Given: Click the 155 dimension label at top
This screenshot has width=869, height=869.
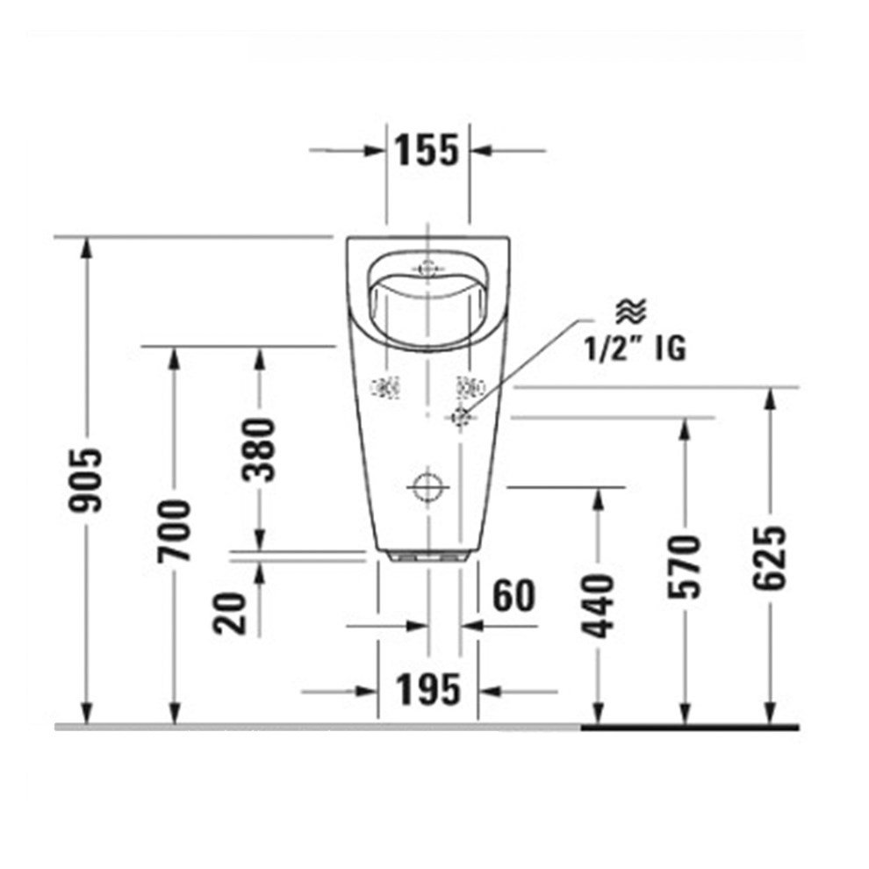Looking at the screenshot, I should pyautogui.click(x=427, y=150).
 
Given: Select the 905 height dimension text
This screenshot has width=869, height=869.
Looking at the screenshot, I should pyautogui.click(x=89, y=480).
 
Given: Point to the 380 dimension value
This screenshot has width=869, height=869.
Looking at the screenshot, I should pyautogui.click(x=260, y=450).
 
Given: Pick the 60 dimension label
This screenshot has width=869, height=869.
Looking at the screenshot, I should pyautogui.click(x=513, y=597).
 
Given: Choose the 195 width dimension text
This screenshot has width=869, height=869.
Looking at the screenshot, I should pyautogui.click(x=427, y=690).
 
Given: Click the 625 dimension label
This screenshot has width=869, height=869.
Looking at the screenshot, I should pyautogui.click(x=771, y=558).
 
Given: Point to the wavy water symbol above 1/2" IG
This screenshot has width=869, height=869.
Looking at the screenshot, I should pyautogui.click(x=630, y=310).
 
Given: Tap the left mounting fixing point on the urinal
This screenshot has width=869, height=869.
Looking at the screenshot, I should pyautogui.click(x=385, y=385).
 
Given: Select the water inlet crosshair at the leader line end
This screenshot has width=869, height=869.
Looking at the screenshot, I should pyautogui.click(x=459, y=417).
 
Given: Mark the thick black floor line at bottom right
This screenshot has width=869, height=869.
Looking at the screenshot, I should pyautogui.click(x=690, y=727).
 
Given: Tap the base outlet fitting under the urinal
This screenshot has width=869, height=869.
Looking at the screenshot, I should pyautogui.click(x=427, y=557).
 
